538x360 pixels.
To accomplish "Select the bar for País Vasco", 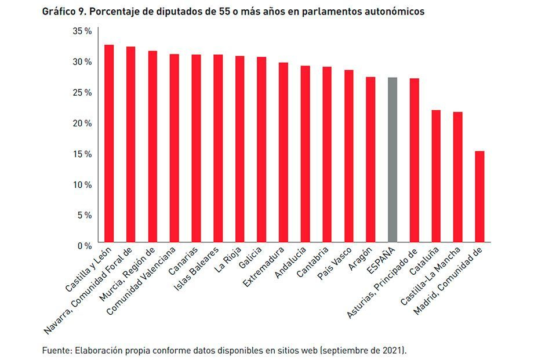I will point(349,156).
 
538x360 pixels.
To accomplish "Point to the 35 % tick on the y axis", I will point(82,31).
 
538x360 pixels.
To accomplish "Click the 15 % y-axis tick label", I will point(82,154).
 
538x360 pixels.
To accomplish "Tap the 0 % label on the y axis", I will point(84,246).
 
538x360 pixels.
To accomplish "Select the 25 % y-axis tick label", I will point(82,93).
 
